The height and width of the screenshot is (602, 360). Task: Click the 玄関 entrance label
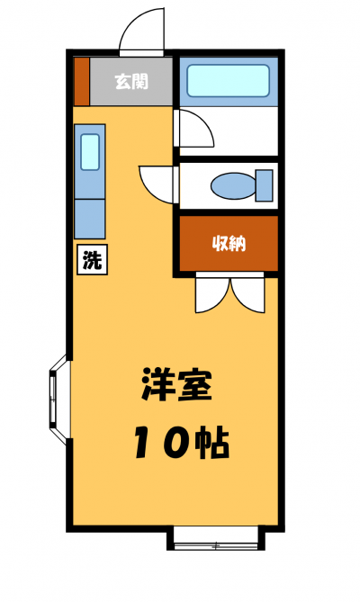[x=131, y=81]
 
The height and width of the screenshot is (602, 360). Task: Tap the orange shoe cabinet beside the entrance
[x=81, y=81]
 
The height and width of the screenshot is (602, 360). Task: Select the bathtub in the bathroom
[x=228, y=81]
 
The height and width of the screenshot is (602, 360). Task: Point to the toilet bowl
[x=233, y=186]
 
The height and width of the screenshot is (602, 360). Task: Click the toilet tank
[x=265, y=186]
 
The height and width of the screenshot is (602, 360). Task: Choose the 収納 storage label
[x=229, y=243]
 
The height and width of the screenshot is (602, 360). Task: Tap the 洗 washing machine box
[x=92, y=259]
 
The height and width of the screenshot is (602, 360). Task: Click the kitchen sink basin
[x=90, y=152]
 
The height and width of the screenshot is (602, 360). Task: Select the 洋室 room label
[x=176, y=384]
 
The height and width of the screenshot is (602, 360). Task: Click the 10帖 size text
[x=182, y=443]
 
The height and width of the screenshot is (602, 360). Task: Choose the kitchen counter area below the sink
[x=90, y=219]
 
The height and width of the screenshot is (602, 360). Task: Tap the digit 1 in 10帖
[x=144, y=443]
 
